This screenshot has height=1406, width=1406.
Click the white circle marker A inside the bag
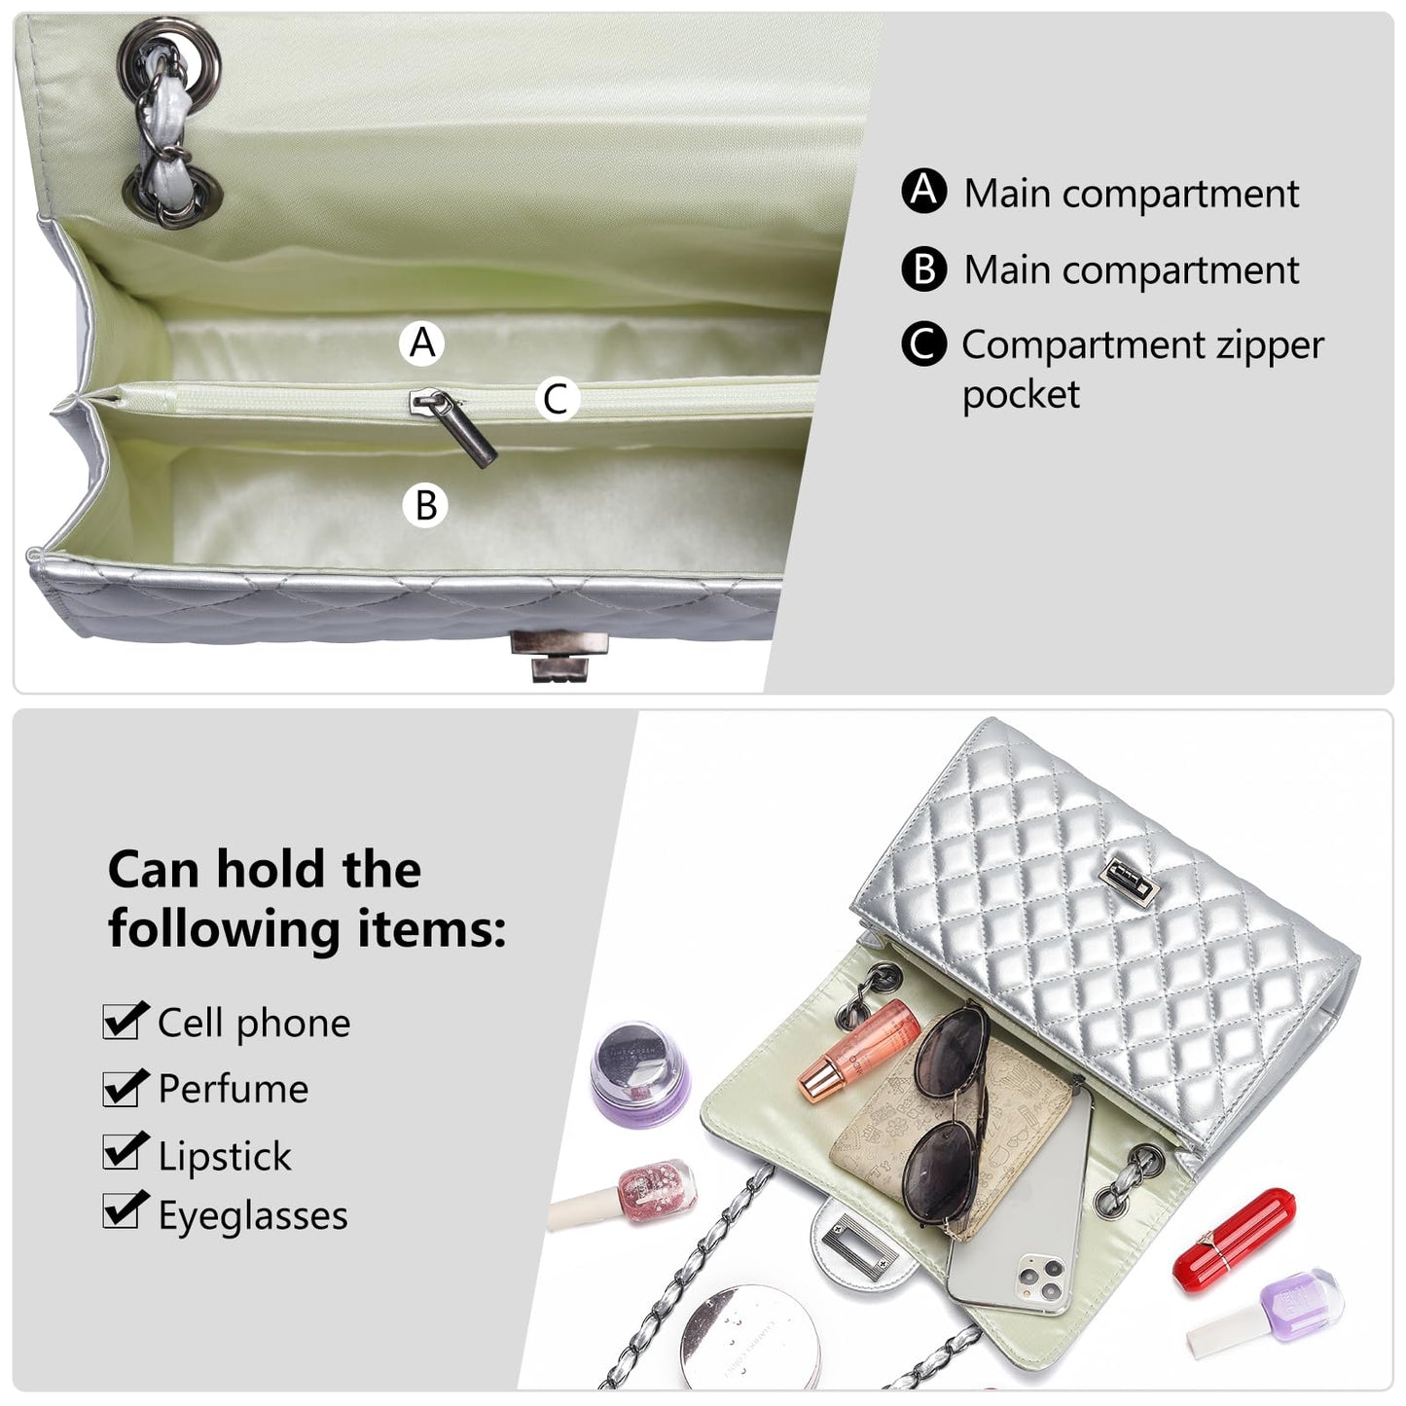(x=421, y=342)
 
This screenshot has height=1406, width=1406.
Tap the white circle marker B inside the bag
(x=425, y=505)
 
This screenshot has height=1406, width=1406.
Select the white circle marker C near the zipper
(x=556, y=398)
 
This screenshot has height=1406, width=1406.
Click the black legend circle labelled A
(x=923, y=191)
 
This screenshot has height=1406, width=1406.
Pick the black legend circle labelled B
(x=923, y=269)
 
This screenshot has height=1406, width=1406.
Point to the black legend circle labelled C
(x=923, y=342)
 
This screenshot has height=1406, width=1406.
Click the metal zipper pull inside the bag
(x=453, y=426)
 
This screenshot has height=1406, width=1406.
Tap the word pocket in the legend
(x=1020, y=395)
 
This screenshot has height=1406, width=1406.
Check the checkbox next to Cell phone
(x=124, y=1021)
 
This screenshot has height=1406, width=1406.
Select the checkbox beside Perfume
(x=124, y=1088)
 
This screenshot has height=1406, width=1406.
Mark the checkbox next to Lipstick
(x=124, y=1153)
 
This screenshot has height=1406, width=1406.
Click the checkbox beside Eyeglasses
(x=124, y=1211)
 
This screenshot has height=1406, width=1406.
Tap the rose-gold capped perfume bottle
(x=859, y=1048)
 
